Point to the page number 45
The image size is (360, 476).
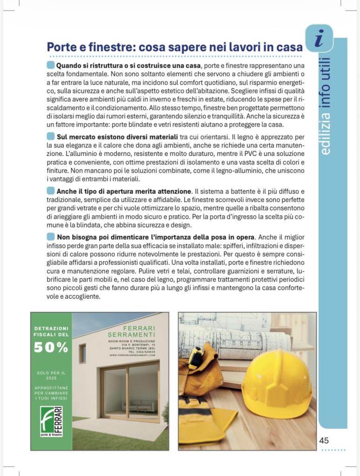(324, 440)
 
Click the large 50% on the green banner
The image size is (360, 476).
(51, 347)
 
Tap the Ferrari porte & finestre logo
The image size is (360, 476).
(51, 421)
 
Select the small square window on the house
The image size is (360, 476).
(82, 354)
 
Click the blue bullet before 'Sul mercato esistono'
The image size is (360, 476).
(51, 136)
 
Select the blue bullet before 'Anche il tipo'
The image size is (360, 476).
(51, 191)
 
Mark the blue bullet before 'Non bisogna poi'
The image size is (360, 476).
(51, 236)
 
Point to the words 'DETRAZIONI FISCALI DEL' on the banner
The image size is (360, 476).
(51, 331)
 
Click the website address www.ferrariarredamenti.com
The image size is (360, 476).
(133, 355)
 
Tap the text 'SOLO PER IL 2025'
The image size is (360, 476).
(51, 375)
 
